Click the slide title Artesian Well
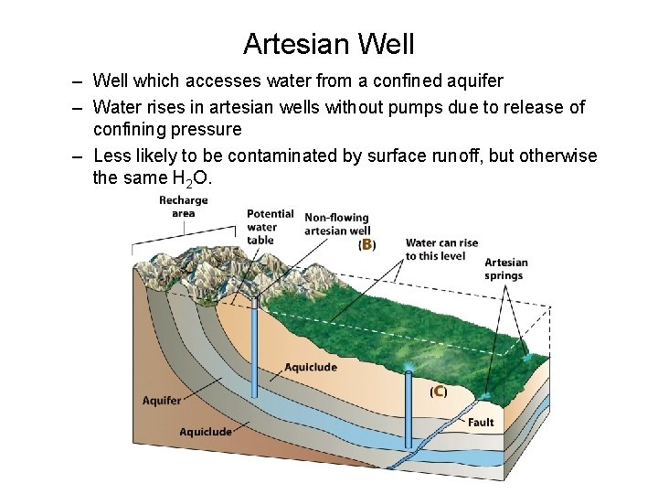[329, 43]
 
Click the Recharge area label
[183, 207]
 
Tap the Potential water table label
[270, 227]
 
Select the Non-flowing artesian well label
[336, 224]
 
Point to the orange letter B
[366, 244]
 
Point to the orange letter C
[439, 391]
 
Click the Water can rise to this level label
[441, 249]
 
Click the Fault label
[481, 423]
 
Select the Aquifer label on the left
[162, 401]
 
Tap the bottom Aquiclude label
[206, 432]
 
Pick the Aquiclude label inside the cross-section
[311, 368]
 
